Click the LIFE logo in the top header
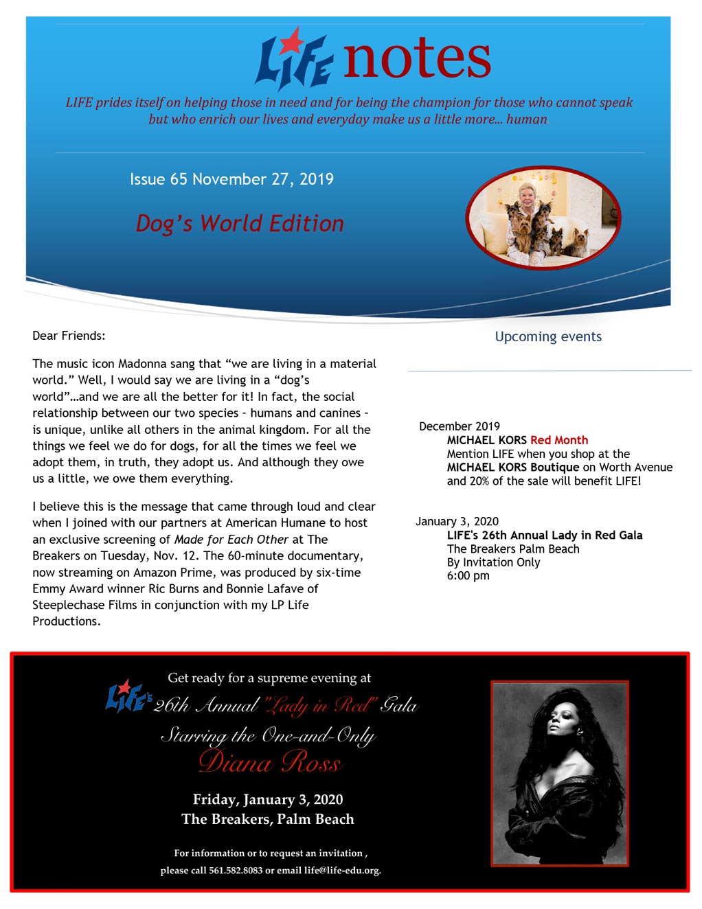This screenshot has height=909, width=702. (293, 59)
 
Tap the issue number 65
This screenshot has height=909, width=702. (179, 179)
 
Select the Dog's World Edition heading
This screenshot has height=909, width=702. (239, 223)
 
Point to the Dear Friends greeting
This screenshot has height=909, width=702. (69, 336)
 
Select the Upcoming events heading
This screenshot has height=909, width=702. (548, 336)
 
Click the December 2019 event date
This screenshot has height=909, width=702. (460, 426)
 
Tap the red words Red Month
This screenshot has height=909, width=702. (559, 440)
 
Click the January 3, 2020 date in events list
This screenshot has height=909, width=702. (457, 521)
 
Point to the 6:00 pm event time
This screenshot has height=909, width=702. (468, 575)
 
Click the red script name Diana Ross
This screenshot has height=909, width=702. (270, 762)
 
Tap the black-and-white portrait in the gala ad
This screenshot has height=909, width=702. (559, 773)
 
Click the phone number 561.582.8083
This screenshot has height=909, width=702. (236, 871)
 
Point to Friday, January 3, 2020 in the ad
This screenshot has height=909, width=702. (268, 799)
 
